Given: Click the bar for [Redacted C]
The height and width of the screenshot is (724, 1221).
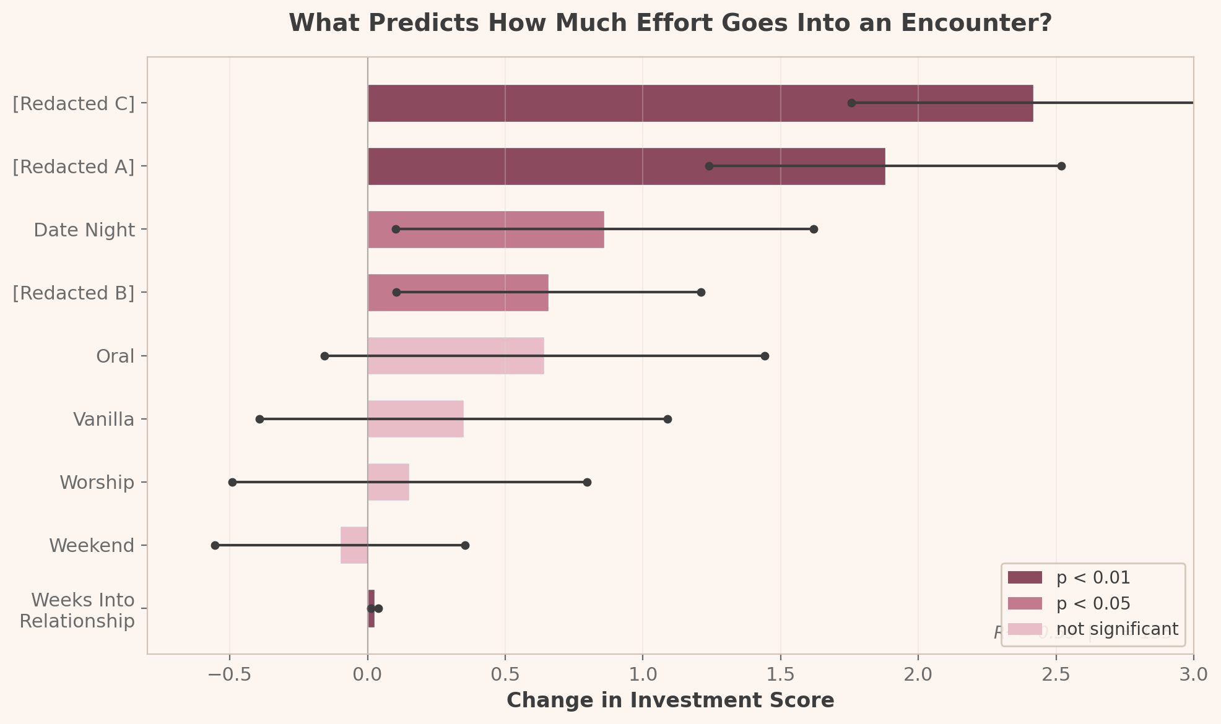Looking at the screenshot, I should (x=700, y=103).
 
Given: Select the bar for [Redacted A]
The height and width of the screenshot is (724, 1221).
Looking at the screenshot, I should (x=625, y=166).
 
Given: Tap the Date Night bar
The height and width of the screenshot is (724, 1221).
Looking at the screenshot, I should (x=486, y=230).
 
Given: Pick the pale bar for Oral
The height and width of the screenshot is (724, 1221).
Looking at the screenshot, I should (x=456, y=356).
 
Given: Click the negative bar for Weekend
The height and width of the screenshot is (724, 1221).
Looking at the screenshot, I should (x=354, y=545).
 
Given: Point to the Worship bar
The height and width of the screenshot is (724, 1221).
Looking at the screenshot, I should (x=388, y=482).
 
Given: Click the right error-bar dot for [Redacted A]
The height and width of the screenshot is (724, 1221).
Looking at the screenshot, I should (x=1061, y=166).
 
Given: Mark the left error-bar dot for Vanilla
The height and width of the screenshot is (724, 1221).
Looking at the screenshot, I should (x=259, y=419).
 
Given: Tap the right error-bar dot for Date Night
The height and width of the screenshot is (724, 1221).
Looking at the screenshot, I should (x=814, y=229).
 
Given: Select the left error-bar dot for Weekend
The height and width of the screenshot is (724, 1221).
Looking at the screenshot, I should (x=215, y=545).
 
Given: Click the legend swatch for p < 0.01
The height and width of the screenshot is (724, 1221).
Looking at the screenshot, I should (x=1025, y=578).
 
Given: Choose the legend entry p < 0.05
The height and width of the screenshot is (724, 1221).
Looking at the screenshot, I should (x=1093, y=603).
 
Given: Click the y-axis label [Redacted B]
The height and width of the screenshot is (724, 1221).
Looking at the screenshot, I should (x=74, y=293).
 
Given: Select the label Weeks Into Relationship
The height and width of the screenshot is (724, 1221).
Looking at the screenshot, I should (x=77, y=610).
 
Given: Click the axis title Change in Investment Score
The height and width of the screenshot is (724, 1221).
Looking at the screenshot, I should (x=670, y=700).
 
